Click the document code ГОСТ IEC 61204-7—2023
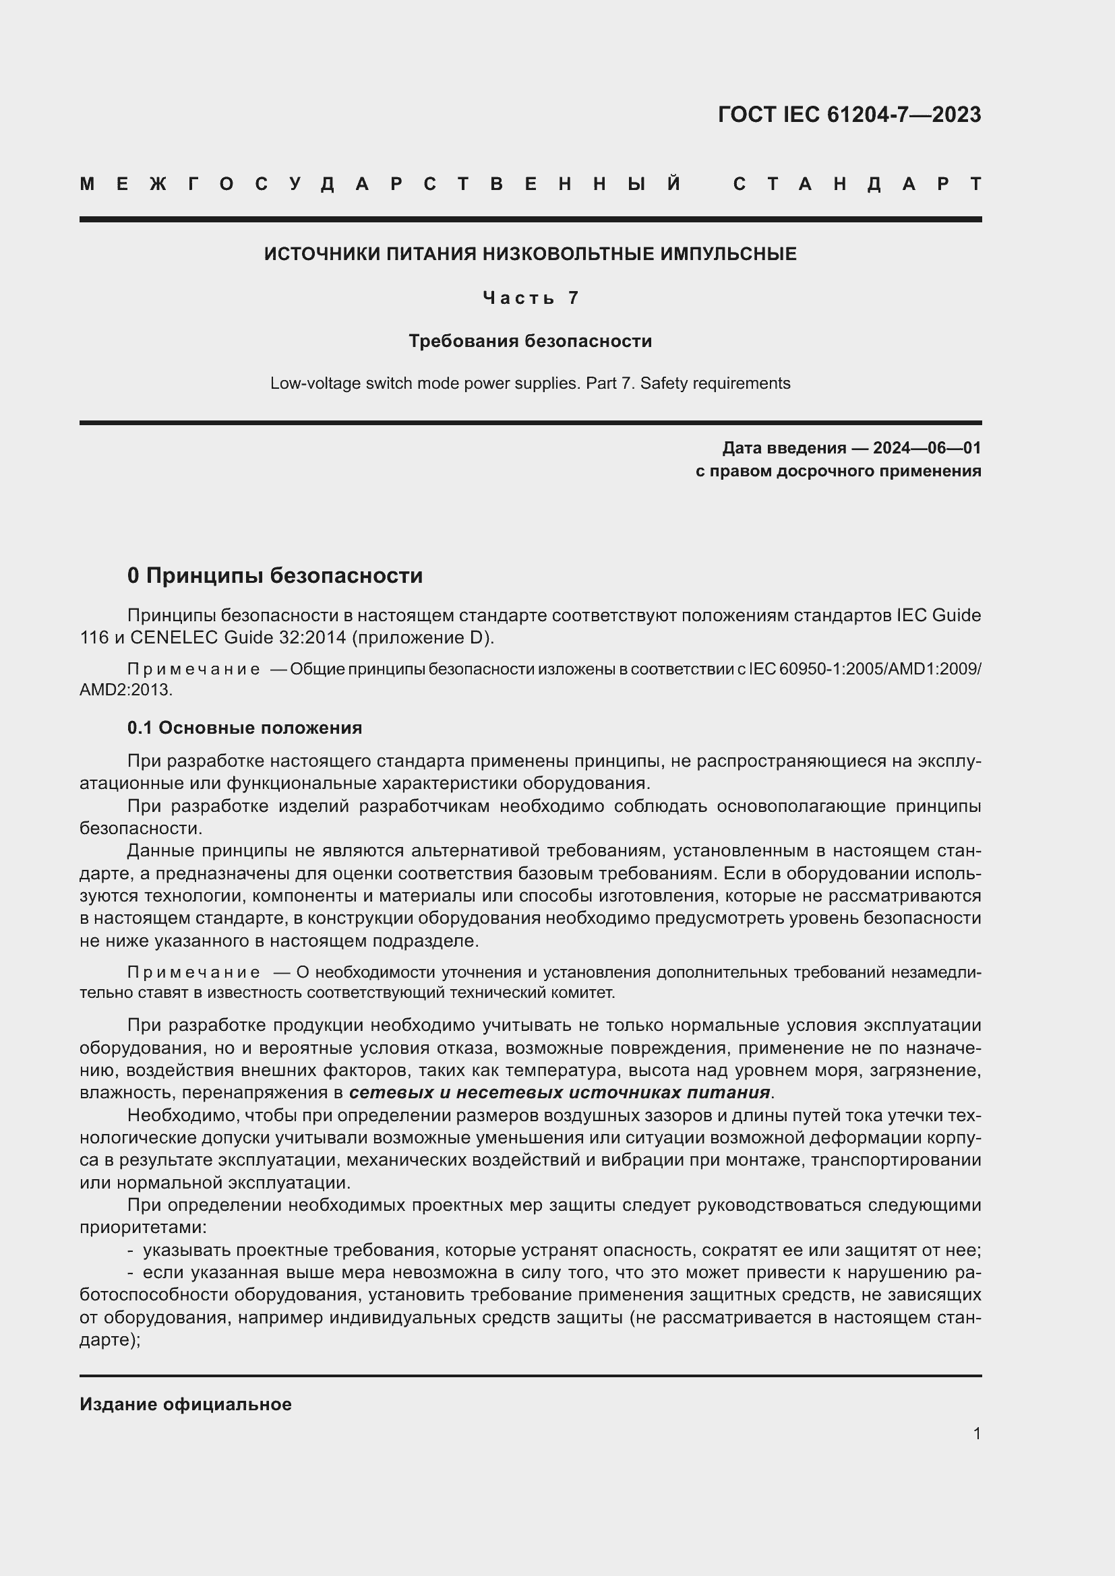849,115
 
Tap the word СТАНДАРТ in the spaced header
857,184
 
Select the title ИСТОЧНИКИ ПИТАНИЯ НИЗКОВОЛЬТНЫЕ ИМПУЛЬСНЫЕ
530,254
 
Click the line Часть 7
530,298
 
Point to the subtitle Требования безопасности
530,341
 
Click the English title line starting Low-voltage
530,383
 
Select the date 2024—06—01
927,448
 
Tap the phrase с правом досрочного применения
839,471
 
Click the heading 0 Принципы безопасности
274,575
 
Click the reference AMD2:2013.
125,690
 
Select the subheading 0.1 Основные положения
245,728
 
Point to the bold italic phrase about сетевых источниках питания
559,1092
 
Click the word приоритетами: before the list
144,1226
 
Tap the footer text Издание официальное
185,1404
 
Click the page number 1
976,1433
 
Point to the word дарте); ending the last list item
110,1340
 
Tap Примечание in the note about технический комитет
193,973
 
